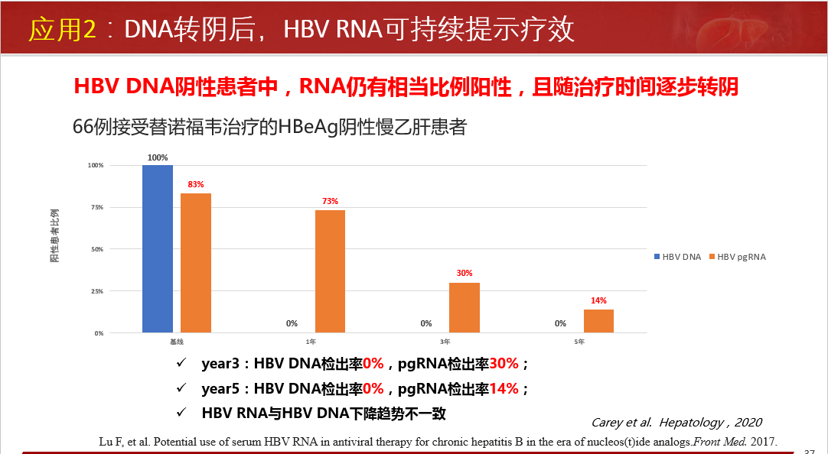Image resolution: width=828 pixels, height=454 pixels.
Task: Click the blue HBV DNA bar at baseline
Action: pyautogui.click(x=158, y=248)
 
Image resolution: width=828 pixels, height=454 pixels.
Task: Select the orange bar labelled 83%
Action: pyautogui.click(x=196, y=263)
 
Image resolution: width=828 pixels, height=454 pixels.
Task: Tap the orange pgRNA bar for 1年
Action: pyautogui.click(x=330, y=271)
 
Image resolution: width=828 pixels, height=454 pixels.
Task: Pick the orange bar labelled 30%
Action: pyautogui.click(x=465, y=307)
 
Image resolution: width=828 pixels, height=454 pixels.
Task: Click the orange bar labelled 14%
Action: pyautogui.click(x=598, y=321)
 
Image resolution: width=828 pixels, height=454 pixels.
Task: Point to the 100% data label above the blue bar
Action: pyautogui.click(x=158, y=157)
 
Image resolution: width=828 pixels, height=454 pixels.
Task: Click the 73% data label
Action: pyautogui.click(x=330, y=202)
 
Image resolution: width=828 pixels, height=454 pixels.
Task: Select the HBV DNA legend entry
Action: pyautogui.click(x=677, y=257)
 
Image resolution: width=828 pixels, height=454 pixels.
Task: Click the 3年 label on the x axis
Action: pyautogui.click(x=445, y=342)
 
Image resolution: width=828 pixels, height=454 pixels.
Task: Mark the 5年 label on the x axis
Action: pyautogui.click(x=579, y=342)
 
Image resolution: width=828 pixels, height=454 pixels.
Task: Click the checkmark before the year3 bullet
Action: pyautogui.click(x=181, y=362)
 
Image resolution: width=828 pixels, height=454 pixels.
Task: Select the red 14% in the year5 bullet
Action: pyautogui.click(x=504, y=388)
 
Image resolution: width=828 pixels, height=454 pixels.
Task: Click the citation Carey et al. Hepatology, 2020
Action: pyautogui.click(x=676, y=422)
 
